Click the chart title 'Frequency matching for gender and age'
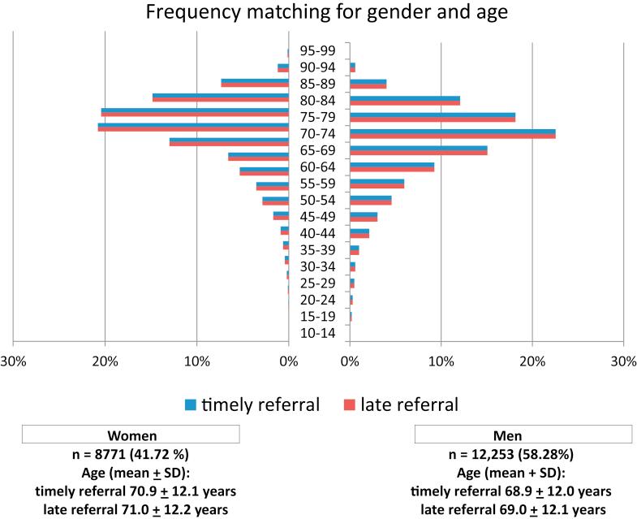pos(318,14)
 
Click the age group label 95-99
pos(318,50)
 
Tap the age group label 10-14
pos(318,333)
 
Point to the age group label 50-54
pos(318,200)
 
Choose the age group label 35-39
pos(318,250)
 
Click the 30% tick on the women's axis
pos(13,361)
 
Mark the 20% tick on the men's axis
pos(532,361)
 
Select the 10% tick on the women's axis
pos(197,361)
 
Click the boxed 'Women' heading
pos(131,435)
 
